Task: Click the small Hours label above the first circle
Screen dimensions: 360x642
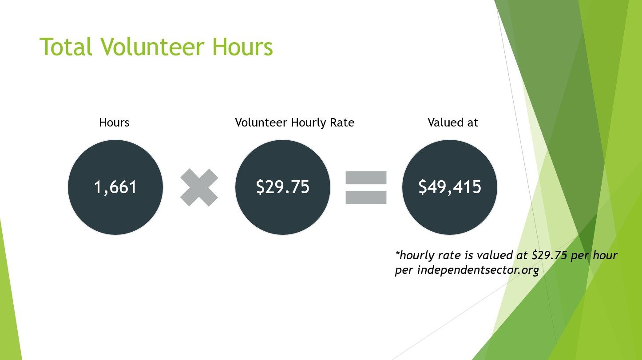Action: point(114,123)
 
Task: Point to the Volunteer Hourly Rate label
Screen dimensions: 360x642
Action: point(294,123)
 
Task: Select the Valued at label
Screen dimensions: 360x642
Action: point(452,123)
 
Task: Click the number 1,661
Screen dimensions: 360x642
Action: point(115,187)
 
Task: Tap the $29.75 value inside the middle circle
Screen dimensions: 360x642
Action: point(283,187)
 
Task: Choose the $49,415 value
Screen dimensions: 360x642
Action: point(450,187)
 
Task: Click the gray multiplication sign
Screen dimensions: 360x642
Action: point(199,187)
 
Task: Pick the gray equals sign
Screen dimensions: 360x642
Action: point(366,187)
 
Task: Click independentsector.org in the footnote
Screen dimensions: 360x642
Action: point(478,270)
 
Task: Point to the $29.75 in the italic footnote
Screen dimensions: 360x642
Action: point(549,255)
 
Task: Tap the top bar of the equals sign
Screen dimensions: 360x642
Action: point(366,178)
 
